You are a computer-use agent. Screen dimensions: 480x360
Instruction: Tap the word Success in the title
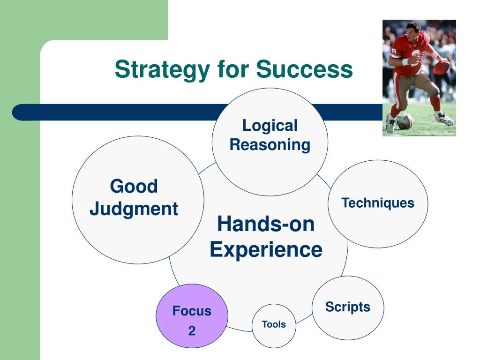(304, 69)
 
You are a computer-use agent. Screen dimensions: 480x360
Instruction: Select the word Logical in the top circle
(270, 126)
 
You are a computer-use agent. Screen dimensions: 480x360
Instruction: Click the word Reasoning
(270, 145)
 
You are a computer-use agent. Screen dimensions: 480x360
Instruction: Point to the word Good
(134, 186)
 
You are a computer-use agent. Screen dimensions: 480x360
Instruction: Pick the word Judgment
(134, 209)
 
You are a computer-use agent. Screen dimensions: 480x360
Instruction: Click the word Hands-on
(266, 224)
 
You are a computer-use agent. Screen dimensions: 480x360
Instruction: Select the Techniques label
(378, 203)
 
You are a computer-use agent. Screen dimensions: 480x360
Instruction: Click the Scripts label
(348, 307)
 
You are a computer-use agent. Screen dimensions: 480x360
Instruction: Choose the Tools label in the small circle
(274, 324)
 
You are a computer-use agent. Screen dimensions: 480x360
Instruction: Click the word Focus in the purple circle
(192, 311)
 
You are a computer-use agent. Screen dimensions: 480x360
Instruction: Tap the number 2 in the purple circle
(192, 331)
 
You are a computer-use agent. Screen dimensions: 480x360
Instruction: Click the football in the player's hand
(441, 67)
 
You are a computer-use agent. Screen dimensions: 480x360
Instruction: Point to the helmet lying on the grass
(404, 121)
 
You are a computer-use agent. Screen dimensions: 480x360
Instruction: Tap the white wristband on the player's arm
(405, 62)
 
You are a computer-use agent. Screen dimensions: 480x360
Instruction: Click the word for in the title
(232, 69)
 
